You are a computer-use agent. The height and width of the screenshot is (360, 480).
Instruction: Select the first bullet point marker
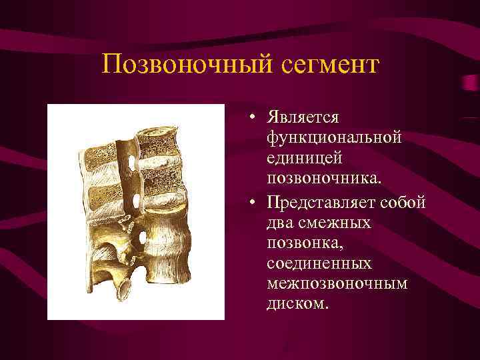(x=255, y=119)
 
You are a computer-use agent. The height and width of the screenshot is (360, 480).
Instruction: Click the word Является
(x=304, y=117)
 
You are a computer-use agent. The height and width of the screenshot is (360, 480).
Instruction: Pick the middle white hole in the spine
(x=136, y=200)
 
